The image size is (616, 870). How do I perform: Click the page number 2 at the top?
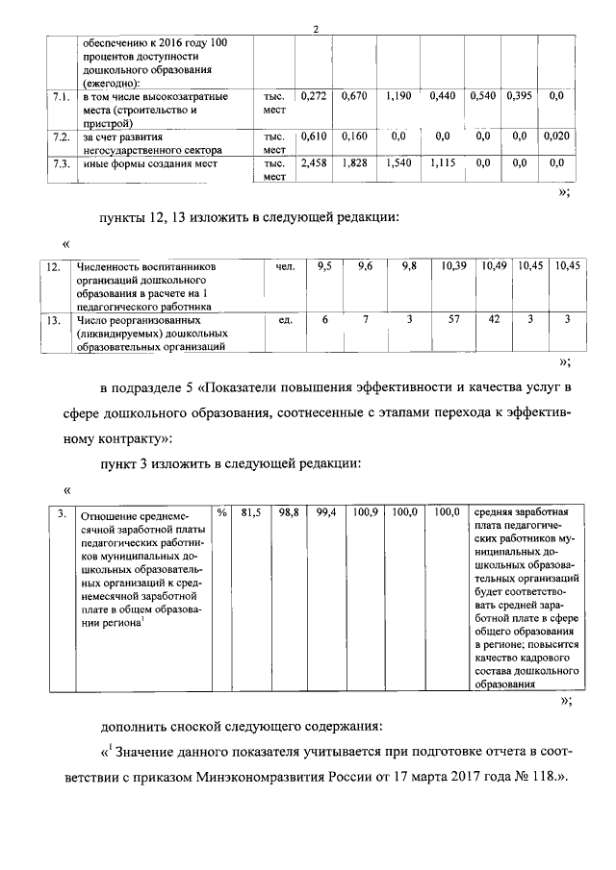(315, 28)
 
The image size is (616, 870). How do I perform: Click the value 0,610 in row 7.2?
(314, 137)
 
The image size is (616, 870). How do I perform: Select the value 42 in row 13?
(493, 318)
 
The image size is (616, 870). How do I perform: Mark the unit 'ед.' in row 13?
(284, 318)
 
